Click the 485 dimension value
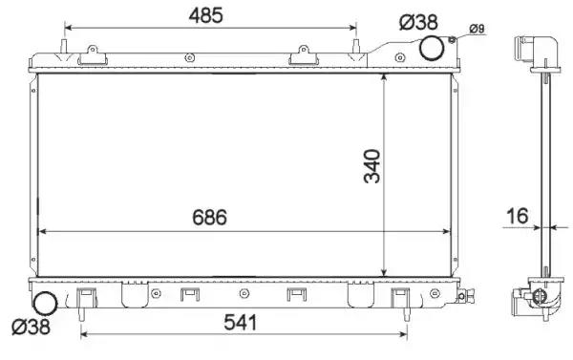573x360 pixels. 205,15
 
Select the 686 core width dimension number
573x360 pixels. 209,217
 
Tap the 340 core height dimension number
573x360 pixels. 372,166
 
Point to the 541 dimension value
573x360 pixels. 240,323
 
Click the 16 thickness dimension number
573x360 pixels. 517,216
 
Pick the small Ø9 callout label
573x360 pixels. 477,29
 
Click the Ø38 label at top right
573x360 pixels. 418,22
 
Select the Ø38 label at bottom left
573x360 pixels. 31,327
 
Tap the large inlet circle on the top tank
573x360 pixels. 432,48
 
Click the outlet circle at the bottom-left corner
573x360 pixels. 45,303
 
